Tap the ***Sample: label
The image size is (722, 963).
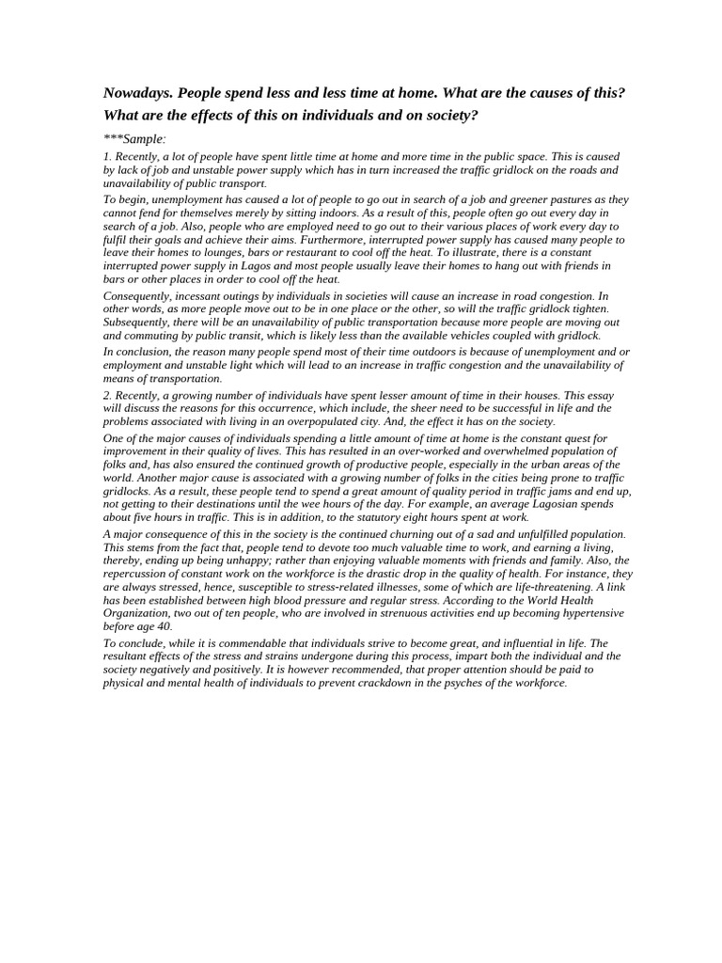[134, 139]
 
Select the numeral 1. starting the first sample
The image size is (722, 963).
[107, 156]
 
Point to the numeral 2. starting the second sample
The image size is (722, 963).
[107, 395]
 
